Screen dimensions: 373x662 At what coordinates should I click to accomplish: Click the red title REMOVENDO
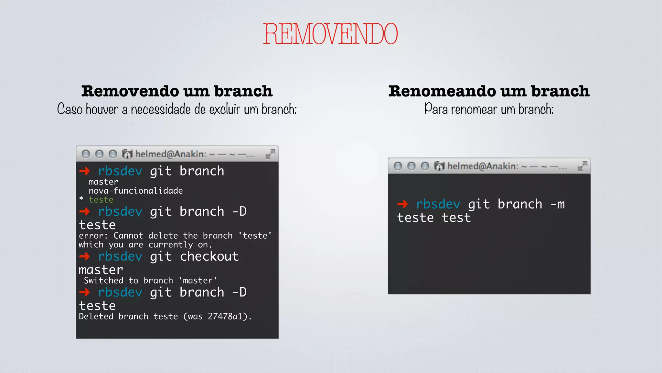tap(330, 34)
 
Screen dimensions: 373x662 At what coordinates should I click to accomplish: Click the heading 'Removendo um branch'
tap(177, 91)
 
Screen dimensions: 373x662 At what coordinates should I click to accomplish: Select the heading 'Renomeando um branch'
tap(489, 91)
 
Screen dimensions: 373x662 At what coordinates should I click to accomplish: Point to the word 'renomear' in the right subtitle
tap(474, 109)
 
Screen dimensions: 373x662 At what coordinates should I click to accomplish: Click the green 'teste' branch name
tap(101, 200)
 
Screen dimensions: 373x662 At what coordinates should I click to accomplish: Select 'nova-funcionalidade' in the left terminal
tap(136, 191)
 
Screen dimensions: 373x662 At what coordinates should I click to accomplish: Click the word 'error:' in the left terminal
tap(93, 236)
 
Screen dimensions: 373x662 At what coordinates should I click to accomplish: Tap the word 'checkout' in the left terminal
tap(209, 256)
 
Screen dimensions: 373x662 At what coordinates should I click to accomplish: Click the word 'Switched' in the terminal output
tap(103, 280)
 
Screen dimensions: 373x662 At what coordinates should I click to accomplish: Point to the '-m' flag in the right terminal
tap(558, 204)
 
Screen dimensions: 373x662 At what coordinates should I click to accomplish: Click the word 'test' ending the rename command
tap(456, 218)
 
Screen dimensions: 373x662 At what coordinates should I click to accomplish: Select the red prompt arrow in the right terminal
tap(402, 204)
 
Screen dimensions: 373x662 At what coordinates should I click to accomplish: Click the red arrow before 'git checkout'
tap(85, 256)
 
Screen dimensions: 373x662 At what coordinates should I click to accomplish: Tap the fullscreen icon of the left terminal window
tap(270, 154)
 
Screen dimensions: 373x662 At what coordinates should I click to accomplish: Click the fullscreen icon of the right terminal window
tap(582, 166)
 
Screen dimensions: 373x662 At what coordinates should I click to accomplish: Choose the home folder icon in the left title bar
tap(127, 154)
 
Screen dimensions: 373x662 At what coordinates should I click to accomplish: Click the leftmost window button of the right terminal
tap(398, 166)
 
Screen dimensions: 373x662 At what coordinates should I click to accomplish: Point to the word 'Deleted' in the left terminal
tap(96, 316)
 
